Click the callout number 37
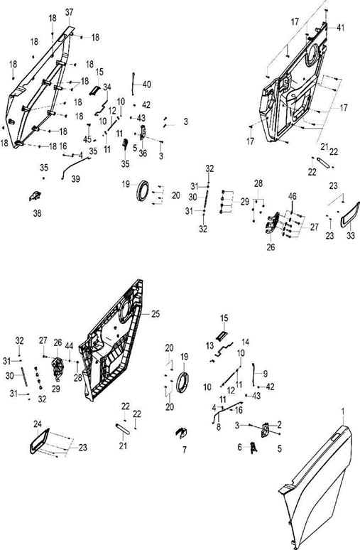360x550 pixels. point(69,12)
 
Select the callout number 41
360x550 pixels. point(340,28)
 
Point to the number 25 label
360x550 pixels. point(156,313)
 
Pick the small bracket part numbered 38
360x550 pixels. point(35,196)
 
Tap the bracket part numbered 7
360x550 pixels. point(181,433)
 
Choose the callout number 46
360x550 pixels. point(292,195)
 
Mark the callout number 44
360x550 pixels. point(69,346)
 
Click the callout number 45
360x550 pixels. point(87,139)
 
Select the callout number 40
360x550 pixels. point(147,84)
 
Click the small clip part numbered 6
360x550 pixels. point(253,448)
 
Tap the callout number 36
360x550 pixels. point(143,153)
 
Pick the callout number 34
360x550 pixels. point(107,87)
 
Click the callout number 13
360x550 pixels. point(209,346)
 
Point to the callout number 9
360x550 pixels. point(265,373)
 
